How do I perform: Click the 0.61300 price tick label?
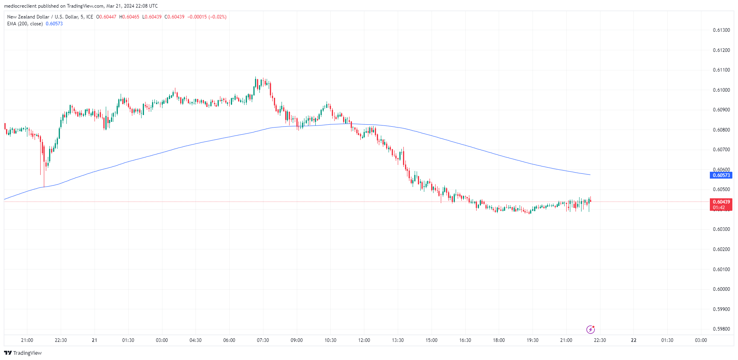tap(721, 30)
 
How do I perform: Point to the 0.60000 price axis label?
tap(721, 289)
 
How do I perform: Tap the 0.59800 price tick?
tap(721, 329)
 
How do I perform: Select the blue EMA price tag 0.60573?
tap(721, 175)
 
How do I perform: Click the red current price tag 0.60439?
tap(721, 202)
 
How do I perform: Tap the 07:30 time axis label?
tap(263, 340)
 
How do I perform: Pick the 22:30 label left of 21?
tap(61, 340)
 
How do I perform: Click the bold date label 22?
tap(633, 340)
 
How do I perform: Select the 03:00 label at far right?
tap(701, 340)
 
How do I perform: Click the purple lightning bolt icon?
tap(590, 330)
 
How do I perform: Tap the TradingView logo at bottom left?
tap(23, 353)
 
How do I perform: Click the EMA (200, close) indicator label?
tap(25, 24)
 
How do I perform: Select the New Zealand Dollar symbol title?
tap(50, 17)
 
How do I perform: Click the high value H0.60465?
tap(130, 17)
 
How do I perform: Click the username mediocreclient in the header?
tap(20, 6)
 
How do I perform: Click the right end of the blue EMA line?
tap(590, 175)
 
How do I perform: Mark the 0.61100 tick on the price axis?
tap(721, 70)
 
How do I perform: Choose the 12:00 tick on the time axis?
tap(364, 340)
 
